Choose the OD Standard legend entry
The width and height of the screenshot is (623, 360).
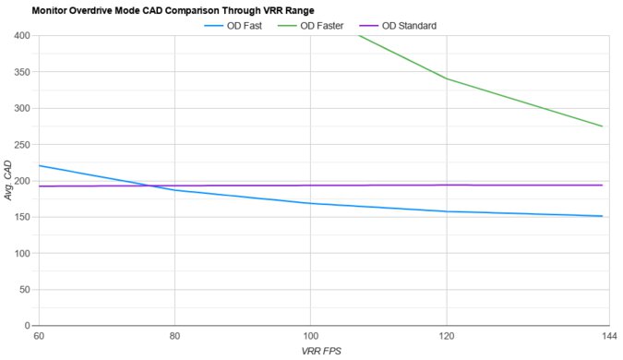pyautogui.click(x=425, y=25)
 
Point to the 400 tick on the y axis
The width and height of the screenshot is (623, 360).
pyautogui.click(x=22, y=36)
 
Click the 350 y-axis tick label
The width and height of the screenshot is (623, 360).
pyautogui.click(x=22, y=72)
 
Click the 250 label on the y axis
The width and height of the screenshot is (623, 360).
pyautogui.click(x=22, y=145)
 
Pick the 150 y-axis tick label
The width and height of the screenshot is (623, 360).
pyautogui.click(x=22, y=217)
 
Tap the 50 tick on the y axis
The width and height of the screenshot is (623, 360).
pyautogui.click(x=25, y=290)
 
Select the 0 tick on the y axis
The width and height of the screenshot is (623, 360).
pyautogui.click(x=28, y=326)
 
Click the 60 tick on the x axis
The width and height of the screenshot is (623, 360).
pyautogui.click(x=38, y=336)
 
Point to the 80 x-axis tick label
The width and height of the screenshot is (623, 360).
pyautogui.click(x=174, y=336)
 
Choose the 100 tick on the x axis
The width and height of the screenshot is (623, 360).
pyautogui.click(x=310, y=336)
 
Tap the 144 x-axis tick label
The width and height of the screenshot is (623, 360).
pyautogui.click(x=601, y=336)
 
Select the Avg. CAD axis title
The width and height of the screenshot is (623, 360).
pyautogui.click(x=8, y=181)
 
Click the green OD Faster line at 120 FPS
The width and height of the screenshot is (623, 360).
pyautogui.click(x=447, y=79)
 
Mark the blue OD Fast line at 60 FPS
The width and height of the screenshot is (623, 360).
pyautogui.click(x=39, y=166)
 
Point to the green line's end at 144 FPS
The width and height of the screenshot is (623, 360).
pyautogui.click(x=602, y=126)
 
